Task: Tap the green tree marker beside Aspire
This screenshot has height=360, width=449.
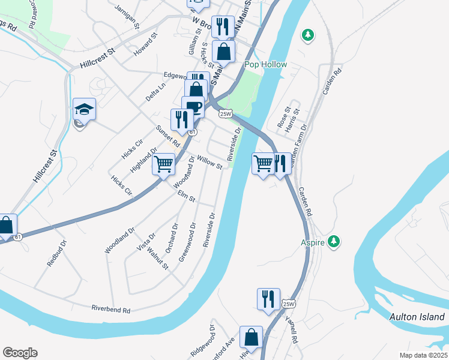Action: (x=334, y=242)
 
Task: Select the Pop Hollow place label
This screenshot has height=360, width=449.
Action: (x=265, y=64)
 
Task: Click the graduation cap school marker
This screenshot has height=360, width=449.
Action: (x=84, y=109)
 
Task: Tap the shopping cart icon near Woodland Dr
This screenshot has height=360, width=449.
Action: (x=163, y=164)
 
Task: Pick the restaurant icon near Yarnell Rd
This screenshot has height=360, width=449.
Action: (x=268, y=298)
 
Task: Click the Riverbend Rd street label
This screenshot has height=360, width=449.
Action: (x=111, y=310)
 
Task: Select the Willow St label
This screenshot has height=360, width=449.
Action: (x=209, y=163)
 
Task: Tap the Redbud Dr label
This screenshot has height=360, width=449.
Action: (x=56, y=256)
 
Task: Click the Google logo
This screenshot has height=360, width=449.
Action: (x=20, y=353)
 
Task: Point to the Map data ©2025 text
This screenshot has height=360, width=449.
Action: (x=423, y=355)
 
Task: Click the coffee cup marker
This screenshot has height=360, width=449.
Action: (x=193, y=107)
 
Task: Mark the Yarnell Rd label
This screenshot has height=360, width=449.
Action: (x=292, y=330)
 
